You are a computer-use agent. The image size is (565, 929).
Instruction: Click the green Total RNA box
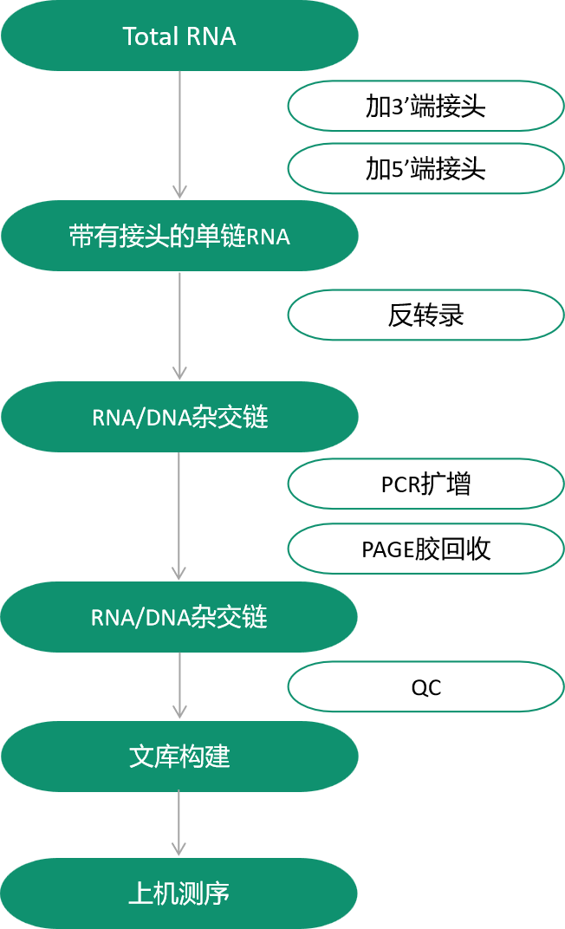pyautogui.click(x=179, y=36)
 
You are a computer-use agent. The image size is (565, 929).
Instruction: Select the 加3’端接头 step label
pyautogui.click(x=425, y=106)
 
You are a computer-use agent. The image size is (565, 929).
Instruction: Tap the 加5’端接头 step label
pyautogui.click(x=425, y=168)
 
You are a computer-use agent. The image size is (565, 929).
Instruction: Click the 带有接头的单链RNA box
pyautogui.click(x=179, y=236)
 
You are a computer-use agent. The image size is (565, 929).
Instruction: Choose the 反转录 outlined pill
pyautogui.click(x=425, y=315)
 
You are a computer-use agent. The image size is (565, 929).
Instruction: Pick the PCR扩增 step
pyautogui.click(x=425, y=484)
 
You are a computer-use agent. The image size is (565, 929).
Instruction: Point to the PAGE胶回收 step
pyautogui.click(x=425, y=549)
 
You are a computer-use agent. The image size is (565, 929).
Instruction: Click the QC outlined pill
pyautogui.click(x=425, y=687)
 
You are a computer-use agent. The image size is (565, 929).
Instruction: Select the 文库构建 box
pyautogui.click(x=179, y=757)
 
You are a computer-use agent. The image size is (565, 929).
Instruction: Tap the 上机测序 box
pyautogui.click(x=179, y=893)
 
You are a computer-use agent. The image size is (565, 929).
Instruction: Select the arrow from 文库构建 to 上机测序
pyautogui.click(x=179, y=822)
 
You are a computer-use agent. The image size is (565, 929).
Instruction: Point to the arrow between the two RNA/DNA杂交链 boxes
pyautogui.click(x=179, y=516)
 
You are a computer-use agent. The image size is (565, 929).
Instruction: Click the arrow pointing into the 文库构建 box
pyautogui.click(x=179, y=685)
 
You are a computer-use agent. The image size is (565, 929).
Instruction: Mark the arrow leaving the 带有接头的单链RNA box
pyautogui.click(x=179, y=326)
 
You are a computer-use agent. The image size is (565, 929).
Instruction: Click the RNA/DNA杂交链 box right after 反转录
pyautogui.click(x=179, y=417)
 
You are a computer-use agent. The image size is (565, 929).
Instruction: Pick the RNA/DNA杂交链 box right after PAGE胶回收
pyautogui.click(x=179, y=617)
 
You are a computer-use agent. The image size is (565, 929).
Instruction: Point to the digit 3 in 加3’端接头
pyautogui.click(x=398, y=107)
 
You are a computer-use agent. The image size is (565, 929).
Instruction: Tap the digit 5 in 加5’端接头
pyautogui.click(x=398, y=170)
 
